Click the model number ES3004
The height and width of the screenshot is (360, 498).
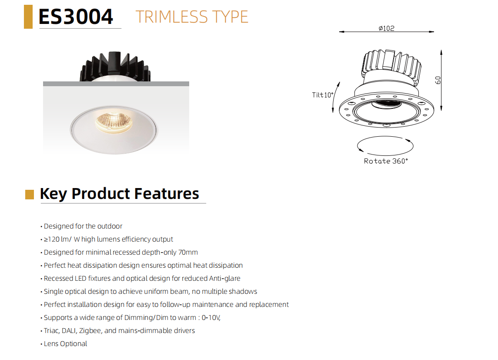coord(76,17)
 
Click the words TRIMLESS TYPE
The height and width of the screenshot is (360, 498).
coord(192,17)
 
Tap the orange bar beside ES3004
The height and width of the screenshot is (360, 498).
coord(28,17)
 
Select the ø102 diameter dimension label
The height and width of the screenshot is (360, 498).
coord(387,28)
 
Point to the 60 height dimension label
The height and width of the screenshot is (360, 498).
coord(438,80)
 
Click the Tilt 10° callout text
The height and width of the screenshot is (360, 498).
coord(323,95)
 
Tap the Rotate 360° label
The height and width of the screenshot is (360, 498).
coord(386,161)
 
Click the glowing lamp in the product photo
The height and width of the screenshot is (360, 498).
coord(114,122)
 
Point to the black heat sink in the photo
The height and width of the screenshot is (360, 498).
coord(115,66)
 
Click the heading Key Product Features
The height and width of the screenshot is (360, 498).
coord(120,194)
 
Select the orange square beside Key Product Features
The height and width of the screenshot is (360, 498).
coord(30,195)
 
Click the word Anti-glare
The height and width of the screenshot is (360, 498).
coord(224,278)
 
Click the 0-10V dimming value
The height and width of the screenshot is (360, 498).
coord(211,318)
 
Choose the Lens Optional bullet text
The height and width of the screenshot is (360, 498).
coord(65,344)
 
